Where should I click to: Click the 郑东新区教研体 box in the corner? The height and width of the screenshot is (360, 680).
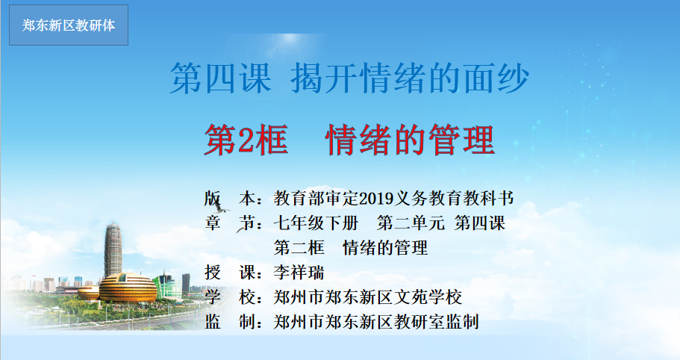point(69,25)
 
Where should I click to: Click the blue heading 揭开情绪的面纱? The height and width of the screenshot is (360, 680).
point(410,78)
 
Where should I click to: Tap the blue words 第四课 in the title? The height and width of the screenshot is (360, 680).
point(221,78)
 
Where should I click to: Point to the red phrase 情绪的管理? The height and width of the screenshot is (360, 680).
point(411,140)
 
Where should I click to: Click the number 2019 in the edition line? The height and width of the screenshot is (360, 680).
point(376,198)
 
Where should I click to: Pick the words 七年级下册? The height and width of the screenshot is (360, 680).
point(316,223)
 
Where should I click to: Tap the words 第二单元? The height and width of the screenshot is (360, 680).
point(411,223)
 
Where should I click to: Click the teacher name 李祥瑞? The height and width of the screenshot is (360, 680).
point(299,273)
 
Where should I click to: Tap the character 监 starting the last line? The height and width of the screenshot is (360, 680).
point(213,322)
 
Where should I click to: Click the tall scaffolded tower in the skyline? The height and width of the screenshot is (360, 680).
point(113,250)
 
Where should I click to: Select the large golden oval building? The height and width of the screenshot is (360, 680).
point(128,288)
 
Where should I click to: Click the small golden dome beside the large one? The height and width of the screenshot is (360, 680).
point(89,293)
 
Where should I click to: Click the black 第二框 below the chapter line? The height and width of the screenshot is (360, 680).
point(299,248)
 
